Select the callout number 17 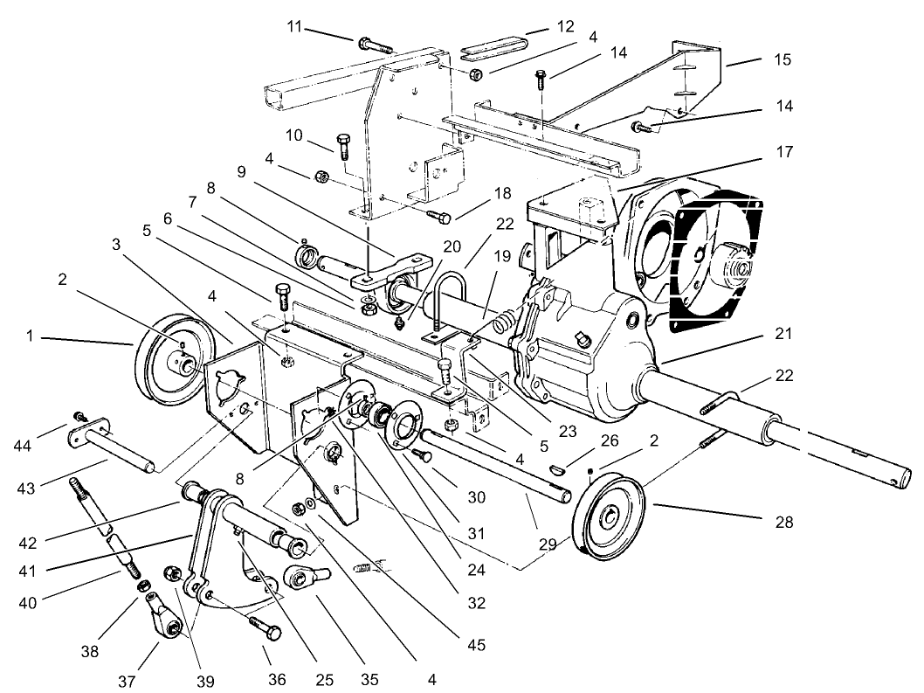coord(783,152)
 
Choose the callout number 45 coord(476,646)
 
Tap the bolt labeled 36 coord(265,627)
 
